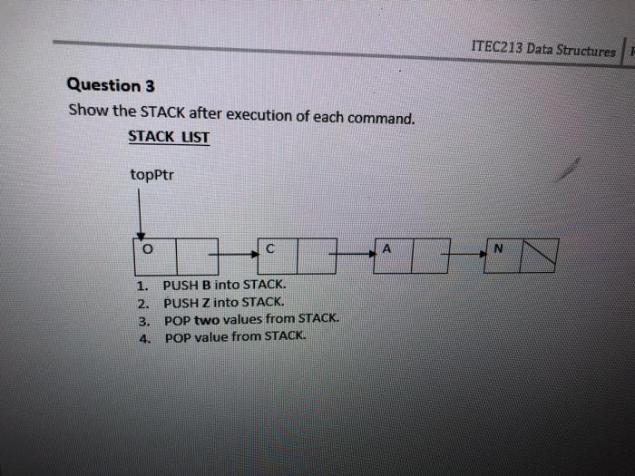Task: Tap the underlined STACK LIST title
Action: [169, 137]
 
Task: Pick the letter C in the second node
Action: [270, 248]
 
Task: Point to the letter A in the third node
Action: [387, 247]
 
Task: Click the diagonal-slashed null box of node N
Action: [540, 255]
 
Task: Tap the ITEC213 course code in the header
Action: [497, 49]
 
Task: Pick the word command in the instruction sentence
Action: [384, 117]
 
